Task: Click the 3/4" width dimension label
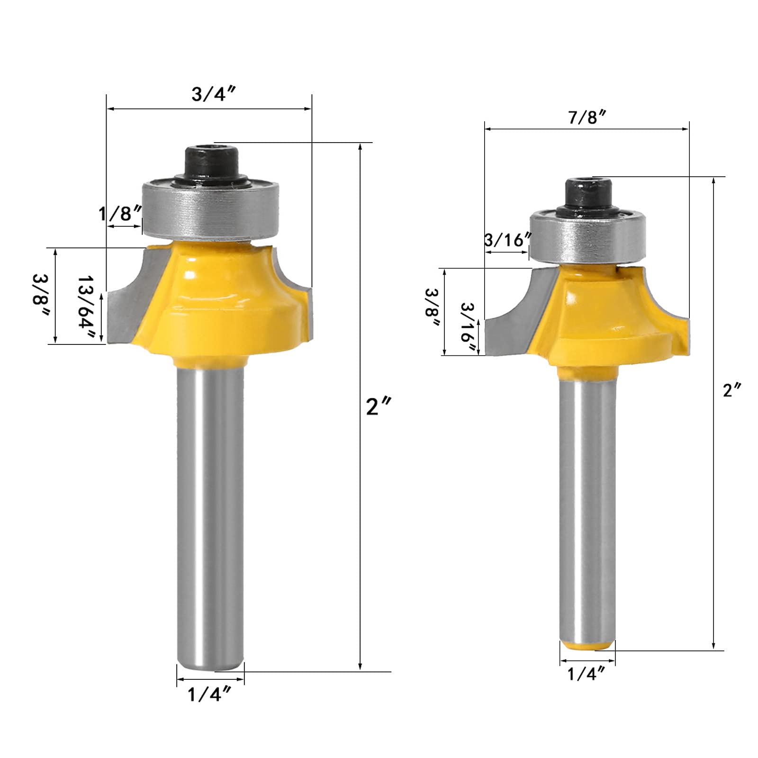(x=214, y=94)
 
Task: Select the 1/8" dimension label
(x=120, y=214)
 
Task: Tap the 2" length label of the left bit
(x=379, y=406)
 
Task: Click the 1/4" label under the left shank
(x=209, y=694)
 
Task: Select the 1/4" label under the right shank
(x=587, y=673)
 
